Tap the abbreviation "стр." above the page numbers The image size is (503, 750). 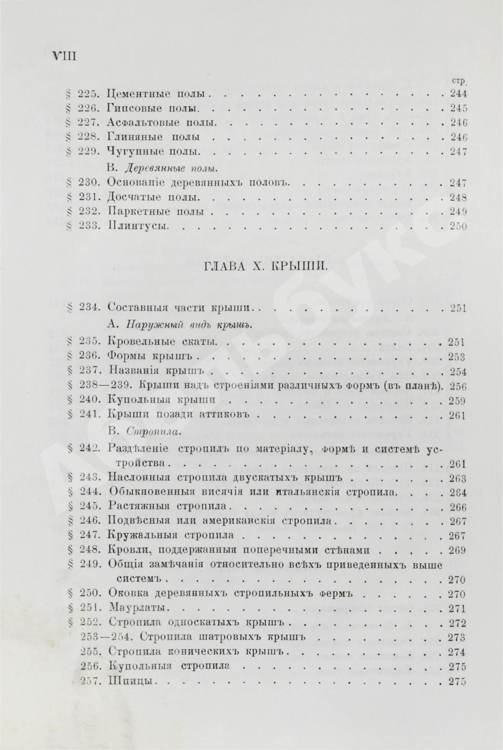[x=459, y=82]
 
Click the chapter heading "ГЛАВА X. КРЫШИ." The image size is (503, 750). [x=251, y=266]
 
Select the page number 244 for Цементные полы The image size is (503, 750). [x=458, y=95]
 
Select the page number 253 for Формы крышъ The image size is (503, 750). [x=457, y=358]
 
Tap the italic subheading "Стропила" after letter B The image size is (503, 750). [x=152, y=432]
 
